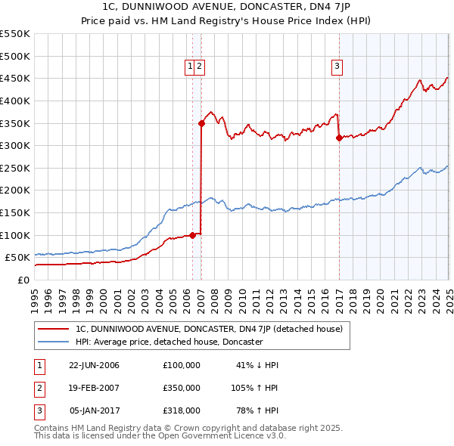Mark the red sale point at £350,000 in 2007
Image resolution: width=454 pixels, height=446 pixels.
(x=201, y=123)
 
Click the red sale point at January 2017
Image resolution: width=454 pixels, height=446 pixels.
(x=339, y=138)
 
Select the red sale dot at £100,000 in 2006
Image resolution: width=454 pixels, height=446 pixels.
(x=192, y=235)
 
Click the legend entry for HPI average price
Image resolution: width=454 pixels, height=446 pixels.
(x=169, y=342)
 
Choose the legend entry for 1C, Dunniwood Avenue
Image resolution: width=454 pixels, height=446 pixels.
(x=210, y=329)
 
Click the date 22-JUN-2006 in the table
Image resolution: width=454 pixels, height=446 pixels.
(x=94, y=365)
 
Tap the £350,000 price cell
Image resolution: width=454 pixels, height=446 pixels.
(x=181, y=388)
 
